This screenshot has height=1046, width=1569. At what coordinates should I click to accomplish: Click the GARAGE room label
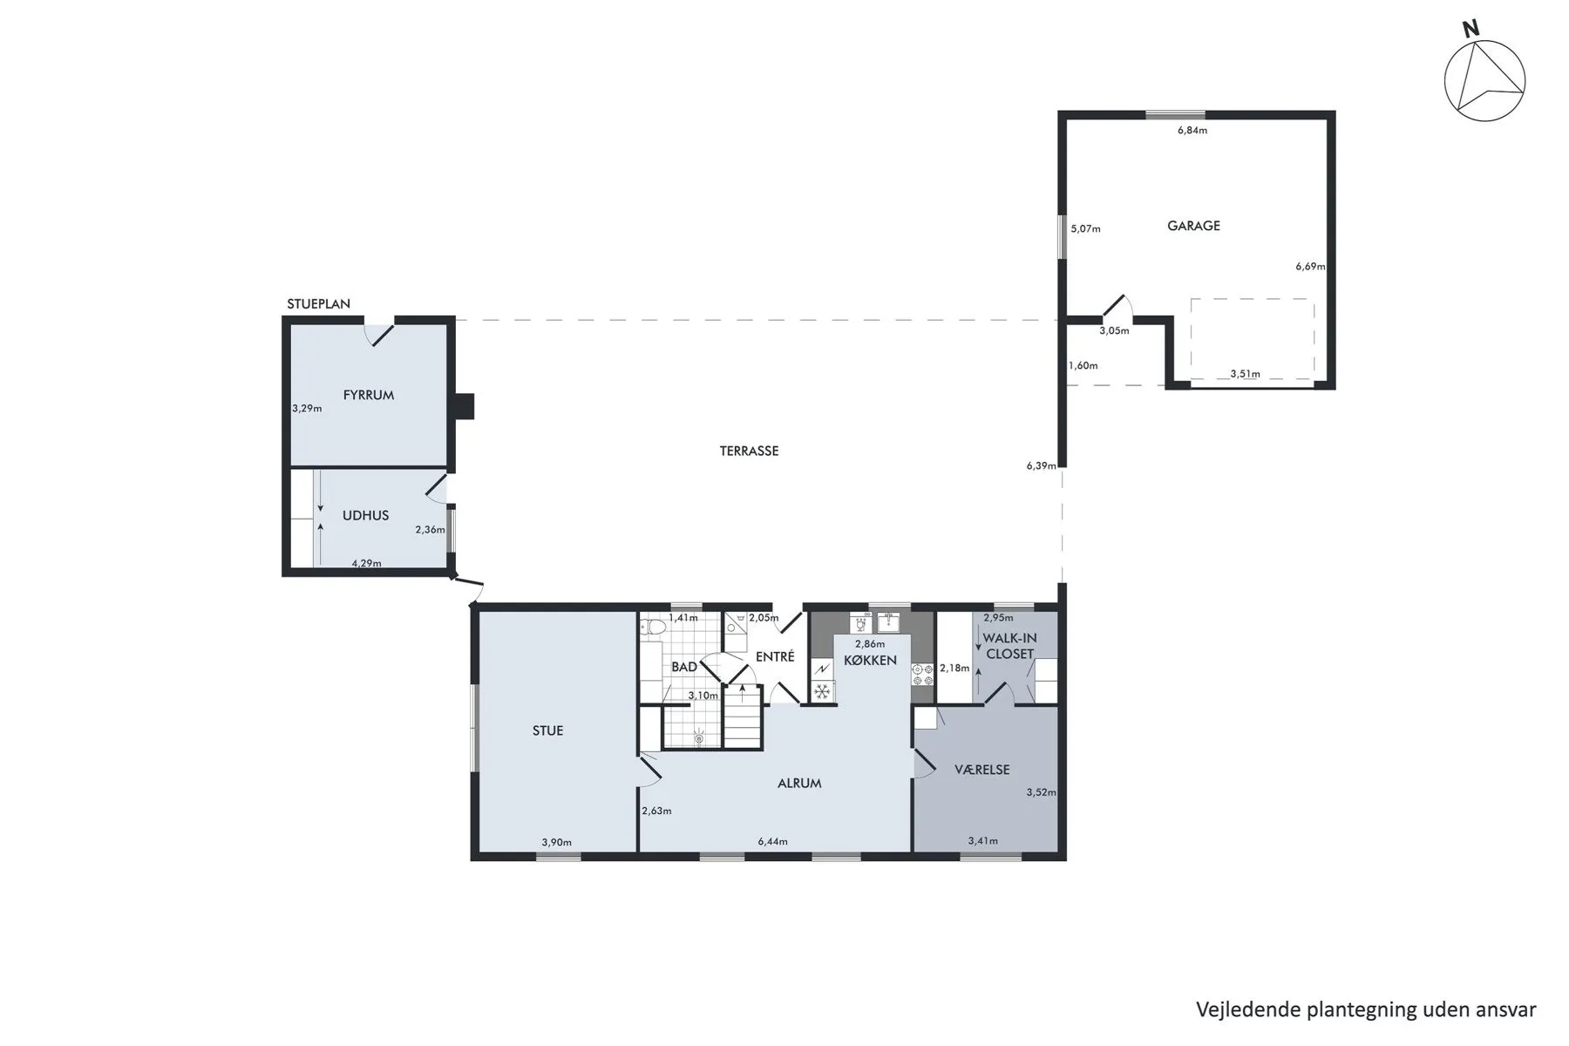pos(1193,226)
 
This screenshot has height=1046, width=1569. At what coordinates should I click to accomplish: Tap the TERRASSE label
pos(749,452)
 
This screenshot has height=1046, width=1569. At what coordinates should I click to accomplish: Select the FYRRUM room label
pos(369,395)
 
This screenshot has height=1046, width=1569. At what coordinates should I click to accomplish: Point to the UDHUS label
pos(365,515)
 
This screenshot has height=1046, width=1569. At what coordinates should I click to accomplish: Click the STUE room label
pos(547,730)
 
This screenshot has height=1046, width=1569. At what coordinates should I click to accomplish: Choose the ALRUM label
pos(799,783)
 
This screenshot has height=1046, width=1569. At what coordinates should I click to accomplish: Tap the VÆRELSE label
pos(982,770)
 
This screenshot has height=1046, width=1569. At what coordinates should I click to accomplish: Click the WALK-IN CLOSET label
pos(1010,646)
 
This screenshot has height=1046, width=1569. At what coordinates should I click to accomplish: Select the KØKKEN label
pos(870,660)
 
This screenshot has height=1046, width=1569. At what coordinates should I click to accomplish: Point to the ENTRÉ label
pos(775,656)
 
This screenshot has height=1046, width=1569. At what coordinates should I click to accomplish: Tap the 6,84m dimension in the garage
pos(1192,131)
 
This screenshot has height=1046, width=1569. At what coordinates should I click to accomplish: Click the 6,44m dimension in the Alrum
pos(772,841)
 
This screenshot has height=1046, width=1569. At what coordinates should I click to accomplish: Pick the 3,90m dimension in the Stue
pos(556,842)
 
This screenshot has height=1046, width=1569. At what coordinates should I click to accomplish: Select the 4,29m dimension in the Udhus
pos(366,563)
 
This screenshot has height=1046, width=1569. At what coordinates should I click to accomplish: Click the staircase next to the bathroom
pos(744,717)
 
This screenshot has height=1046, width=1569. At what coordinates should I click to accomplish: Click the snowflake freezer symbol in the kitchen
pos(821,691)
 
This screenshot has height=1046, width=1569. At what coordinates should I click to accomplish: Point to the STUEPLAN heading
pos(318,304)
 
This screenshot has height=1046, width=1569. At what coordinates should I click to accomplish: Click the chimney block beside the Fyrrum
pos(465,406)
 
